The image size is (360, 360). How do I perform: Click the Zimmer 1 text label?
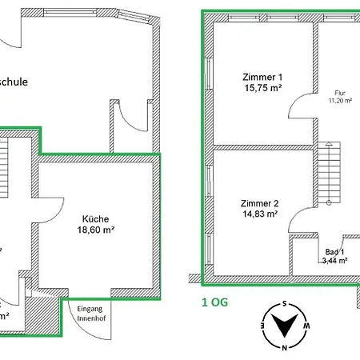click(262, 77)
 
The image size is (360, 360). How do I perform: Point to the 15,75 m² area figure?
click(262, 89)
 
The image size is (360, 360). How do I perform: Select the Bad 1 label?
click(333, 252)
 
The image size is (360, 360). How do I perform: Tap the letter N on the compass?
click(283, 347)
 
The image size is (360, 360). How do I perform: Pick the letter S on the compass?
click(283, 305)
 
